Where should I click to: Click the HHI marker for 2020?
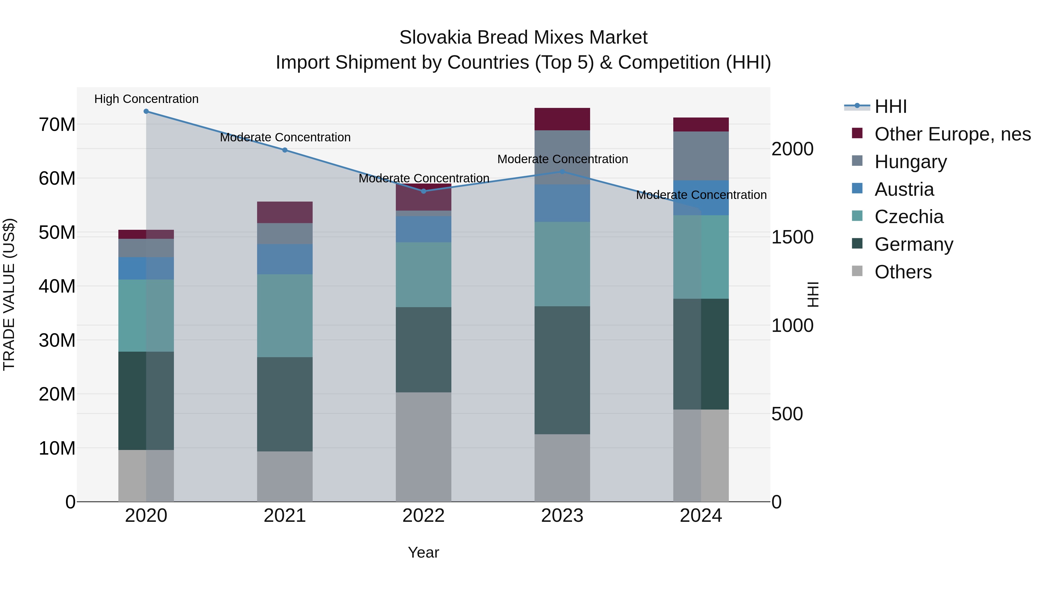pyautogui.click(x=146, y=111)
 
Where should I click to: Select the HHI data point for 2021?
pyautogui.click(x=285, y=150)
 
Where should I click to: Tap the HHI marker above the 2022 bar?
pyautogui.click(x=423, y=191)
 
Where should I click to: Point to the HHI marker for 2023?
pyautogui.click(x=562, y=172)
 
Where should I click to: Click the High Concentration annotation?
pyautogui.click(x=146, y=99)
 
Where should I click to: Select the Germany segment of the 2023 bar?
pyautogui.click(x=562, y=370)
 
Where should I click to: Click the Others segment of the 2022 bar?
pyautogui.click(x=423, y=447)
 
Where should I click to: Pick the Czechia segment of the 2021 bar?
pyautogui.click(x=285, y=316)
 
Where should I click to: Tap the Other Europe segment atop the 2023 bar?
pyautogui.click(x=562, y=119)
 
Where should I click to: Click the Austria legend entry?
pyautogui.click(x=904, y=189)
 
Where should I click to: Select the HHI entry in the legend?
pyautogui.click(x=890, y=106)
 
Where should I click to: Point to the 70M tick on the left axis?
pyautogui.click(x=57, y=124)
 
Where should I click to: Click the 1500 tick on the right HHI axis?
pyautogui.click(x=792, y=237)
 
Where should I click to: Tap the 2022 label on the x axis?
pyautogui.click(x=423, y=516)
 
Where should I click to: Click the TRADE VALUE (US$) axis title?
pyautogui.click(x=9, y=294)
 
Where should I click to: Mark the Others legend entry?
pyautogui.click(x=903, y=272)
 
